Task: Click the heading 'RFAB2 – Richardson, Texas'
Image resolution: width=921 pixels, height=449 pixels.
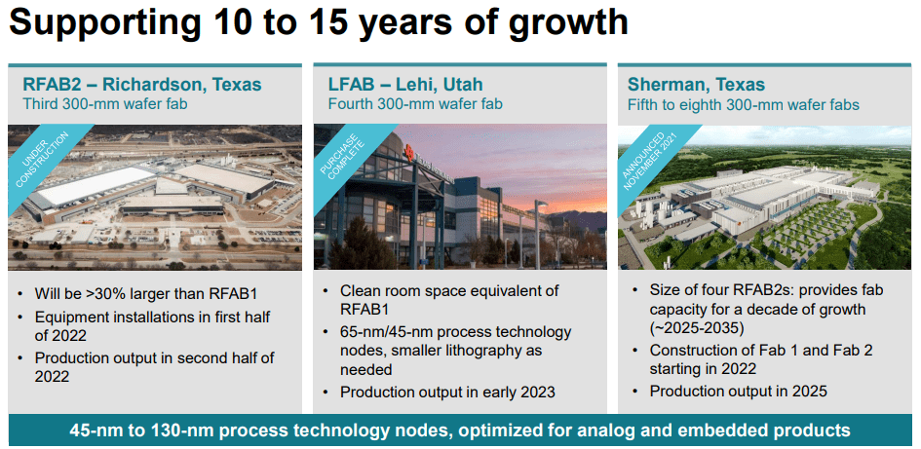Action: tap(142, 85)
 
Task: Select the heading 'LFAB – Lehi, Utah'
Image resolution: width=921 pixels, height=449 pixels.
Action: tap(405, 85)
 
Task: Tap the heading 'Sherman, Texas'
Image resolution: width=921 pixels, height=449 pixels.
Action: tap(696, 85)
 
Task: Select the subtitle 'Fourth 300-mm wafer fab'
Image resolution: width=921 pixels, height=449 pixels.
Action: tap(415, 104)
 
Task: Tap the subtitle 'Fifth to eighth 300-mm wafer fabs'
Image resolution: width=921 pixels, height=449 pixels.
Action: tap(744, 104)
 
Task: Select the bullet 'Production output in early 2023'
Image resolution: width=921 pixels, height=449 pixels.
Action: tap(447, 393)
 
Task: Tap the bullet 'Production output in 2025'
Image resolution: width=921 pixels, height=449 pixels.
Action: tap(739, 391)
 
